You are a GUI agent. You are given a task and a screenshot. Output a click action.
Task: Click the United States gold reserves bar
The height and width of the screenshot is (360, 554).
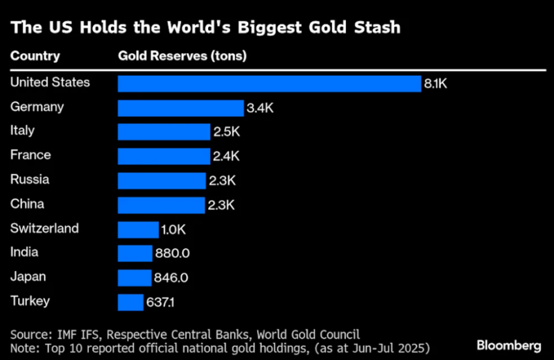click(x=269, y=83)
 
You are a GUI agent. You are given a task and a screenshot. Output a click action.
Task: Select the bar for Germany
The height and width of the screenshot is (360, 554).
click(x=180, y=108)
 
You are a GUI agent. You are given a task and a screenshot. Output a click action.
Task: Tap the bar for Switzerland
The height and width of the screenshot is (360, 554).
click(x=138, y=230)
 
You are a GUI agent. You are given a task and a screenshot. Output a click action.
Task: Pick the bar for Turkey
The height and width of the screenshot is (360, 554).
click(x=130, y=302)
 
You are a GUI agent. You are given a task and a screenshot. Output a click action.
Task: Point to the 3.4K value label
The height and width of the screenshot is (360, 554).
click(x=259, y=108)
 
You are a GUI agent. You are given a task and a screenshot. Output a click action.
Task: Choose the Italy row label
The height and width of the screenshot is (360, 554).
click(x=22, y=130)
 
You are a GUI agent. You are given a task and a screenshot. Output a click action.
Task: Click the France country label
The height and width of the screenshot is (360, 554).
click(x=31, y=155)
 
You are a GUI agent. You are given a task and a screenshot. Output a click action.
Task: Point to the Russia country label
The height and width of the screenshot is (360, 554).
click(x=30, y=179)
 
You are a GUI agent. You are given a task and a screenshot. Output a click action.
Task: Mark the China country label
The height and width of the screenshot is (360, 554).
click(x=27, y=204)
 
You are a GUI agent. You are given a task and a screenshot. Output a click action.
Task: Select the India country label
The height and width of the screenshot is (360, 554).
click(x=24, y=252)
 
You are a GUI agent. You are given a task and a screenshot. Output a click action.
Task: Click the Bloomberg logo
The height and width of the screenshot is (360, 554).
click(x=510, y=345)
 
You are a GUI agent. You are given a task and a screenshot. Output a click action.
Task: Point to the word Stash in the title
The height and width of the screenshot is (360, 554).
click(x=373, y=28)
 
